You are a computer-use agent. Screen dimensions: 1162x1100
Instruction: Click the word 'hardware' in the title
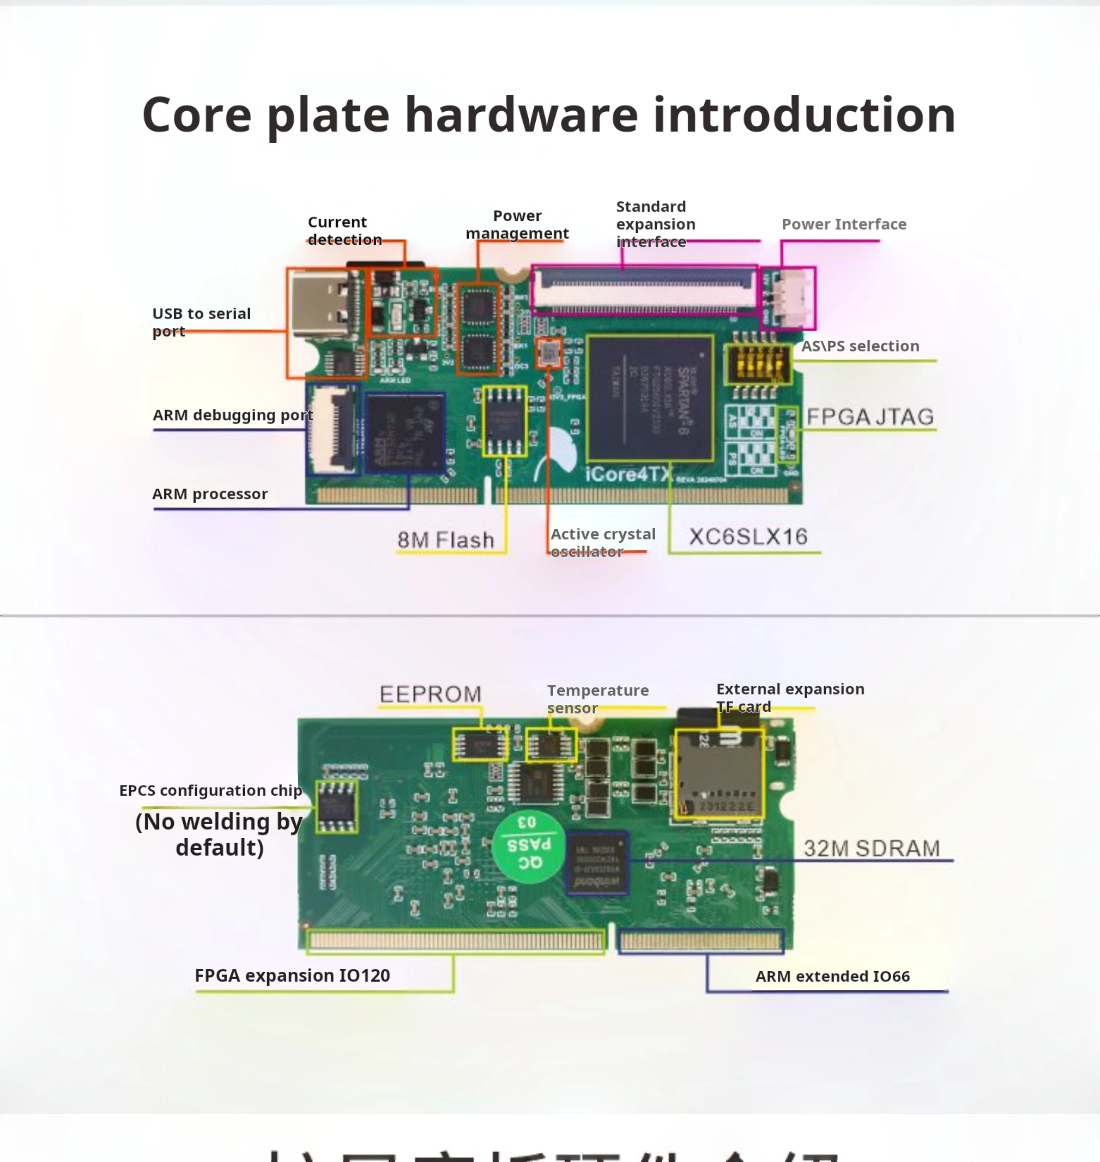(521, 115)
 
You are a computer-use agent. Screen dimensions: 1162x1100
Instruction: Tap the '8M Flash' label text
(446, 540)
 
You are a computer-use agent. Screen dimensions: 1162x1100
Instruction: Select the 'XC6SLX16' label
(748, 537)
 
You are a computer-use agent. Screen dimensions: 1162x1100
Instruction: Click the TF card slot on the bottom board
(719, 774)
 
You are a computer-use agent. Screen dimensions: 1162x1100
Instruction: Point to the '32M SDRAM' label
(871, 848)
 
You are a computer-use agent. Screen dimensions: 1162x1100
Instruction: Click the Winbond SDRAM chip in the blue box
(597, 862)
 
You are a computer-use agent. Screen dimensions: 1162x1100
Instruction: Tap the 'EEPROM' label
(430, 694)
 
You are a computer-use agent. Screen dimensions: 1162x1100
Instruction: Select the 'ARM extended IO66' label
(832, 976)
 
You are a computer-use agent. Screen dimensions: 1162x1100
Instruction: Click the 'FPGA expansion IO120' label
(292, 976)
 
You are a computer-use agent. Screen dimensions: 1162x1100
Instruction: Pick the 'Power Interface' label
(844, 224)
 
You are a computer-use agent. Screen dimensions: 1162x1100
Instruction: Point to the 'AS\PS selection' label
(860, 346)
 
